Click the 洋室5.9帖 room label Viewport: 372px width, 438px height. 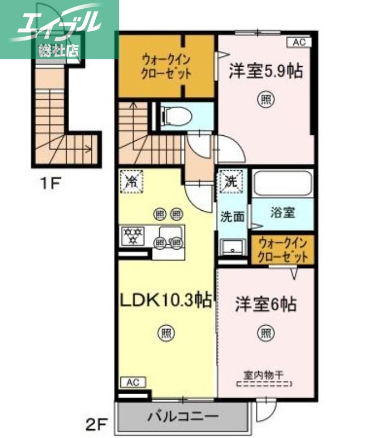265,72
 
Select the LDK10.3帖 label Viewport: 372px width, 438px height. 166,300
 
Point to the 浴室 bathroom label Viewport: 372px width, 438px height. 282,212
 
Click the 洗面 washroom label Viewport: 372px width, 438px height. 233,217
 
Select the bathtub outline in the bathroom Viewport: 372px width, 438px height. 282,183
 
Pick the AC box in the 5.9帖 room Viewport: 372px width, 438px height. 299,42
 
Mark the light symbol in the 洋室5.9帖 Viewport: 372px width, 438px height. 265,100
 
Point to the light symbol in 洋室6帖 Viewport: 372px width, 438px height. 266,332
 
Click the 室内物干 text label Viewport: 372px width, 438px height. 265,376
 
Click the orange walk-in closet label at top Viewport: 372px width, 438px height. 166,66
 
